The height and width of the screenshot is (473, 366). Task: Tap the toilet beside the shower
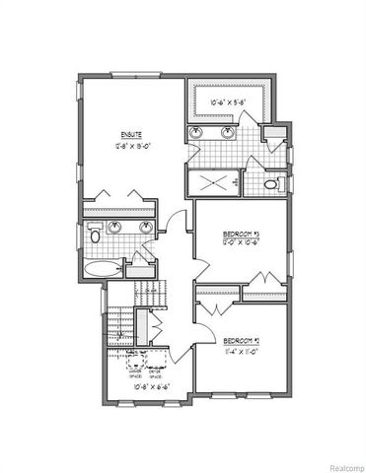272,183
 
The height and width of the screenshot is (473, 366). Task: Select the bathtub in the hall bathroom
103,268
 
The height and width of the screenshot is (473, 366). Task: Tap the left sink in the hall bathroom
115,229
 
